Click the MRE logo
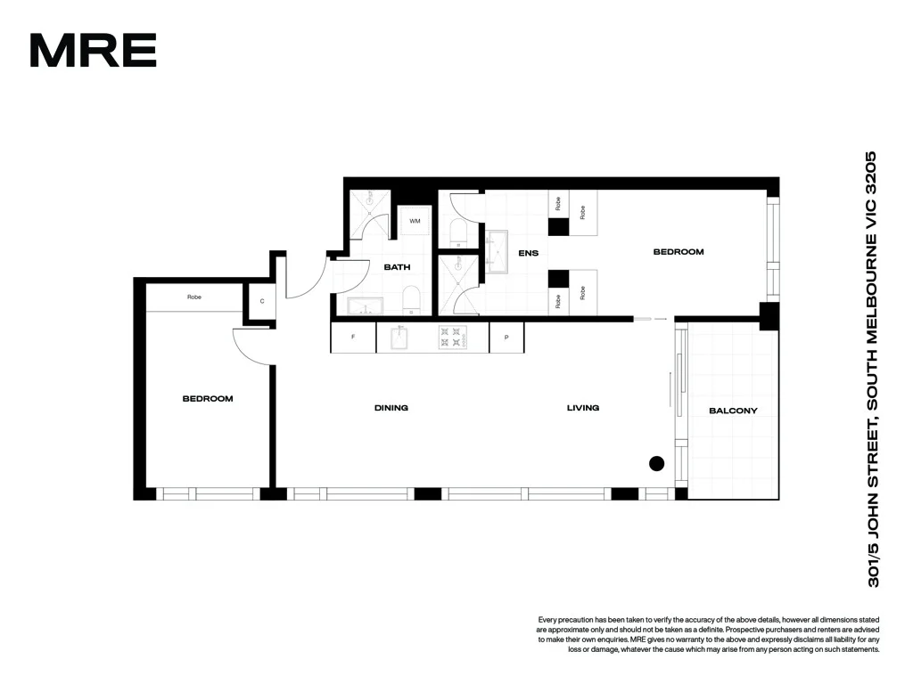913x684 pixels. tap(93, 51)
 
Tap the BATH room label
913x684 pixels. tap(397, 267)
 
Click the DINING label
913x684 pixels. tap(391, 408)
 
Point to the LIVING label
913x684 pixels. tap(583, 408)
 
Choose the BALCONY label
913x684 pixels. tap(733, 411)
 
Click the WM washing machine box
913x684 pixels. tap(415, 221)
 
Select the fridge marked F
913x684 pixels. tap(353, 338)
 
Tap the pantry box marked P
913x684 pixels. tap(506, 338)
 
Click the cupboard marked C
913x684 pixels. tap(262, 301)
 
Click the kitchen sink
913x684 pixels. tap(399, 338)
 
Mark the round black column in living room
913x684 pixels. tap(657, 462)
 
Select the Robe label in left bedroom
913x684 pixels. tap(194, 297)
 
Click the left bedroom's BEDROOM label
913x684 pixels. tap(208, 399)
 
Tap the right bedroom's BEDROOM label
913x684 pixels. tap(679, 252)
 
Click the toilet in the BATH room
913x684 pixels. tap(412, 300)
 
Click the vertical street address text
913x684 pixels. tap(873, 369)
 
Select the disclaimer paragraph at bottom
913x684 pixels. tap(708, 634)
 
